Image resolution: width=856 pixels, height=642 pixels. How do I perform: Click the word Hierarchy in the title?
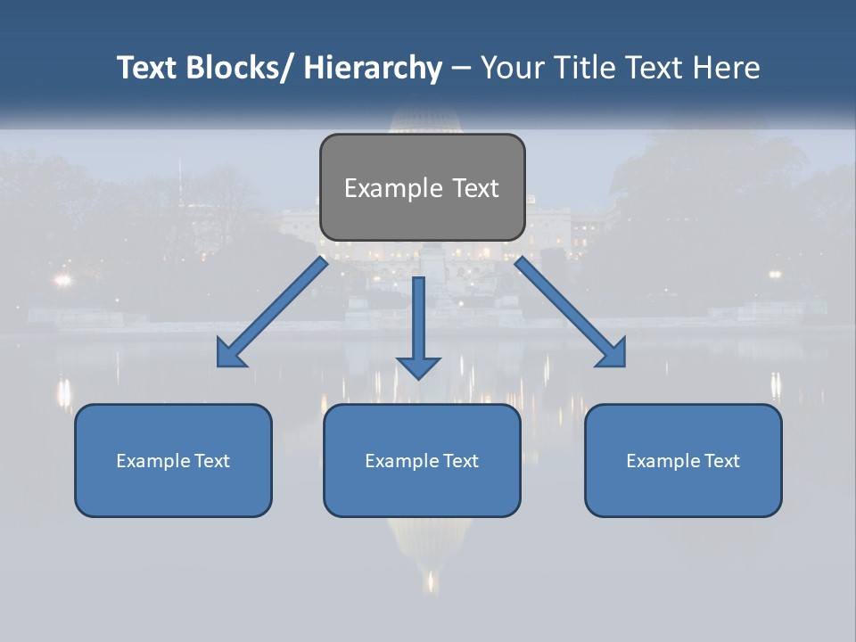(x=373, y=68)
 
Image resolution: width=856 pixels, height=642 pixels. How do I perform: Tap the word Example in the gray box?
(x=393, y=188)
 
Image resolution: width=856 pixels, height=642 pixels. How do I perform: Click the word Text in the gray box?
(x=475, y=188)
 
